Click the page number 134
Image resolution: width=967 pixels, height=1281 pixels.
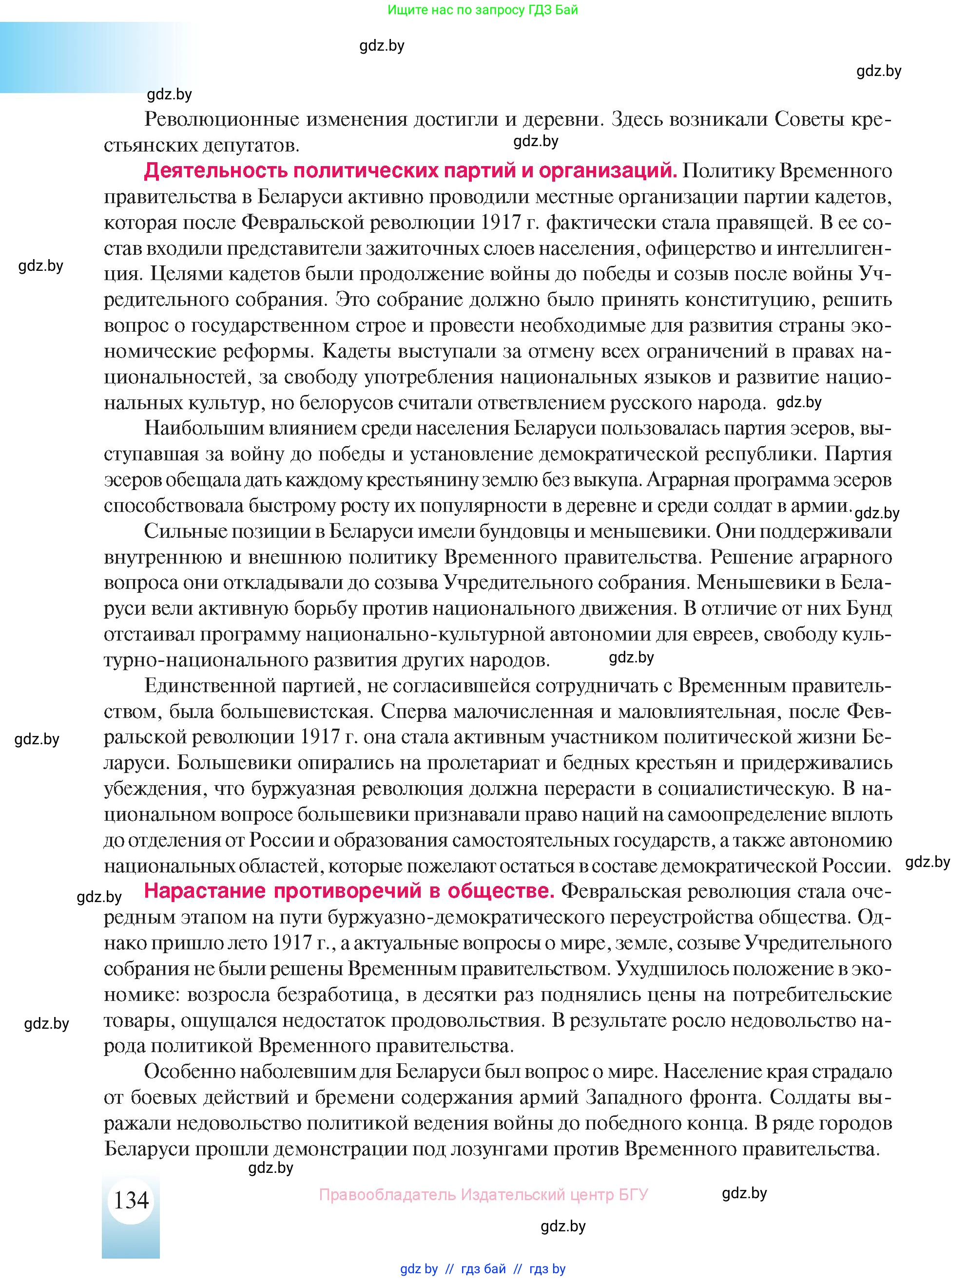(132, 1199)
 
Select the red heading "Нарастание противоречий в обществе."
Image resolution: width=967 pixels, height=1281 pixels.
(349, 891)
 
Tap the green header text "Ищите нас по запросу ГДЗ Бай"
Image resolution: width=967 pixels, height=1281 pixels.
(483, 10)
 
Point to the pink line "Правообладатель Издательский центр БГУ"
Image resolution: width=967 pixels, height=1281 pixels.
(483, 1194)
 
